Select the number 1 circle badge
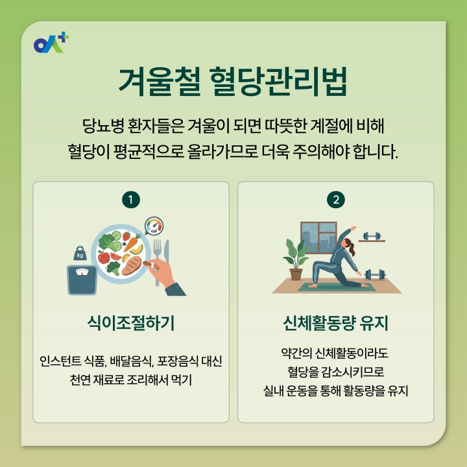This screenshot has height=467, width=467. (131, 200)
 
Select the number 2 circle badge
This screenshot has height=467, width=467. (336, 200)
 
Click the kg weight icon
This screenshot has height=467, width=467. (80, 254)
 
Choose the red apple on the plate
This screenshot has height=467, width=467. (104, 256)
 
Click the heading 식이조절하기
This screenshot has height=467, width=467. (131, 322)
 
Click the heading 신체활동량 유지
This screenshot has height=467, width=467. (336, 322)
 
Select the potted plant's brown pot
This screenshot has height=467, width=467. (296, 274)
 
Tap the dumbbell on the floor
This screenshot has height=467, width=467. (375, 274)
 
